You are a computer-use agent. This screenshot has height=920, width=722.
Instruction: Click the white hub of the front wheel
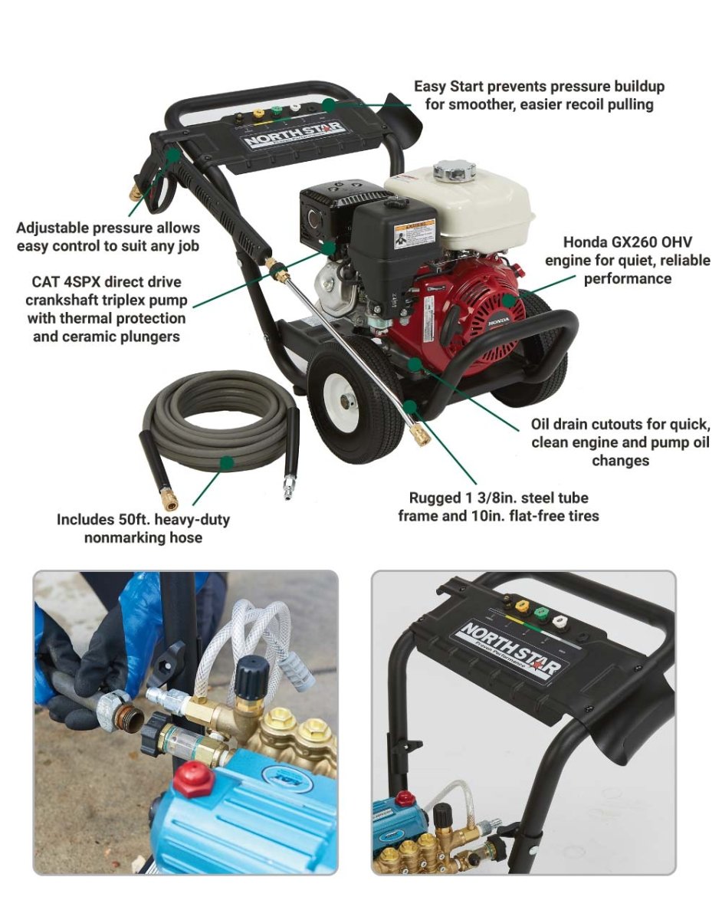[348, 399]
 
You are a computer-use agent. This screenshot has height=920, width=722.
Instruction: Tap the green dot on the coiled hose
[228, 462]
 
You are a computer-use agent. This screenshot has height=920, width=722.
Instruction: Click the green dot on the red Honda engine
[508, 301]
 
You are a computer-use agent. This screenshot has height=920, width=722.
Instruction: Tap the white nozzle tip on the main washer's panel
[295, 108]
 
